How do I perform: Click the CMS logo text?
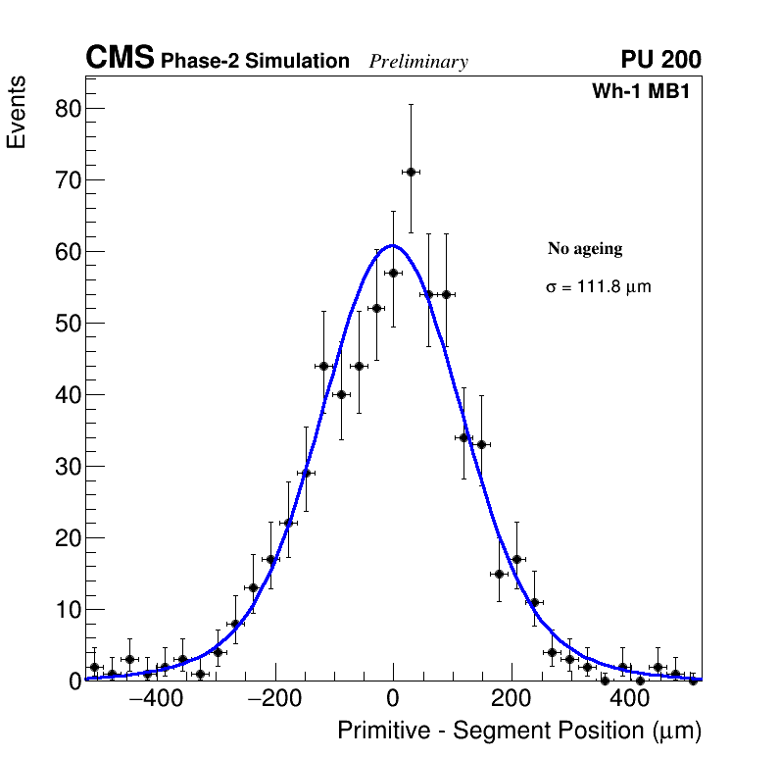pos(120,59)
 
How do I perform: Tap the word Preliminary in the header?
pos(418,62)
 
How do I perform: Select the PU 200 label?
pos(660,60)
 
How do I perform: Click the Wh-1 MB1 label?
pos(646,91)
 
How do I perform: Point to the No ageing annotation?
pos(585,249)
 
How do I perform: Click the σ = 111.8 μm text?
pos(598,288)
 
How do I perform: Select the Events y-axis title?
pos(17,113)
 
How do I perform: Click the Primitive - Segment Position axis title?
pos(519,732)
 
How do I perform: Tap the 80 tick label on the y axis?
pos(67,108)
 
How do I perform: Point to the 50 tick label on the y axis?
pos(67,323)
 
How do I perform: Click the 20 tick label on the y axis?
pos(67,537)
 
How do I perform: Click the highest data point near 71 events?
pos(411,172)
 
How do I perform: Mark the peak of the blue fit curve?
pos(392,245)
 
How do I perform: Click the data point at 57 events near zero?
pos(393,273)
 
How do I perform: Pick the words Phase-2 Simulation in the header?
pos(255,62)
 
